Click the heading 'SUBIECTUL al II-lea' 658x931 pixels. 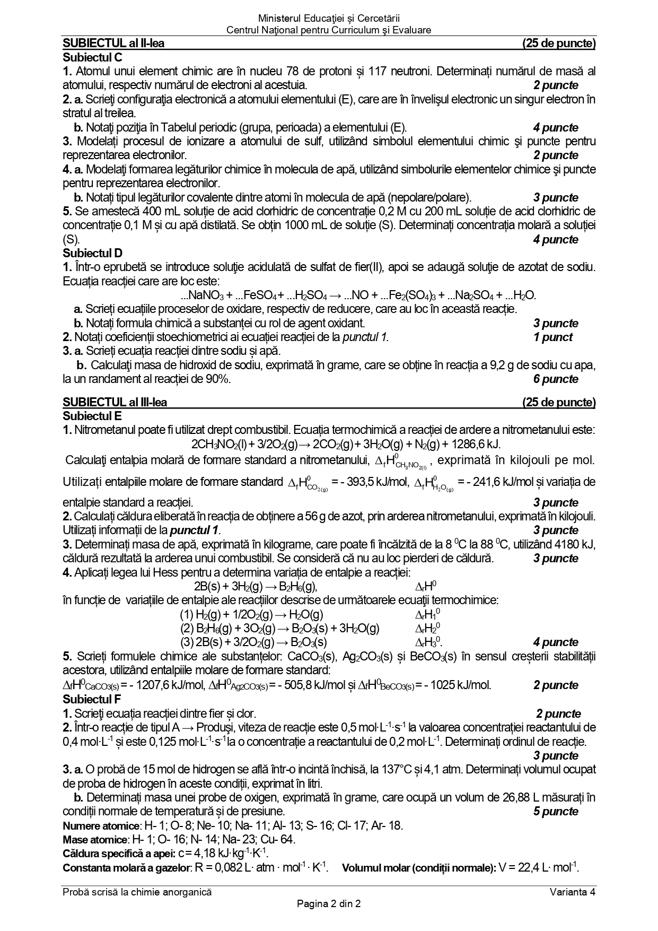click(x=113, y=43)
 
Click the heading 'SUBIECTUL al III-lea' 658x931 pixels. click(x=115, y=402)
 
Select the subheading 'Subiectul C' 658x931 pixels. click(x=92, y=57)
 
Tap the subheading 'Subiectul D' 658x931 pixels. click(x=92, y=254)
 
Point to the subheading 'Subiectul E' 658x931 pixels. click(x=92, y=416)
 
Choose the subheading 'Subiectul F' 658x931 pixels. click(x=92, y=699)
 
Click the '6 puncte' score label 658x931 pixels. click(x=556, y=379)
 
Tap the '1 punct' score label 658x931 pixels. click(x=552, y=337)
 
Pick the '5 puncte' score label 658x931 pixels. click(x=556, y=812)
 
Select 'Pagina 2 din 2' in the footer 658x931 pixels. click(x=329, y=904)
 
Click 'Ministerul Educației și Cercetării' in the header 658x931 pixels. click(x=329, y=20)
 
